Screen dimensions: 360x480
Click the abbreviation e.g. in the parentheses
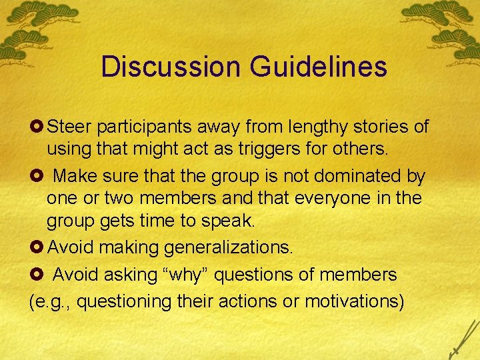pos(53,301)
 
